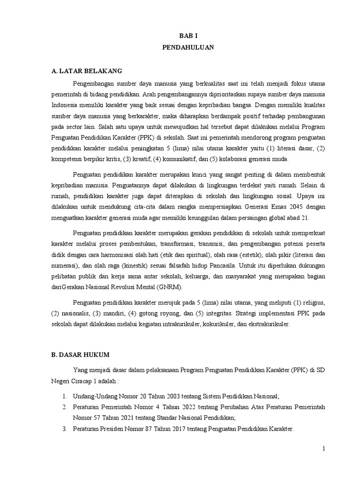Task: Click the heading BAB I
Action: pos(187,35)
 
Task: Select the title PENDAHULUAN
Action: pos(187,47)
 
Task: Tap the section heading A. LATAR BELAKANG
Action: pos(87,71)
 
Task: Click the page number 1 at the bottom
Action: pos(323,449)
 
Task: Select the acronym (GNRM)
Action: pos(172,286)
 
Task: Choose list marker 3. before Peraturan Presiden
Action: pos(64,429)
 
